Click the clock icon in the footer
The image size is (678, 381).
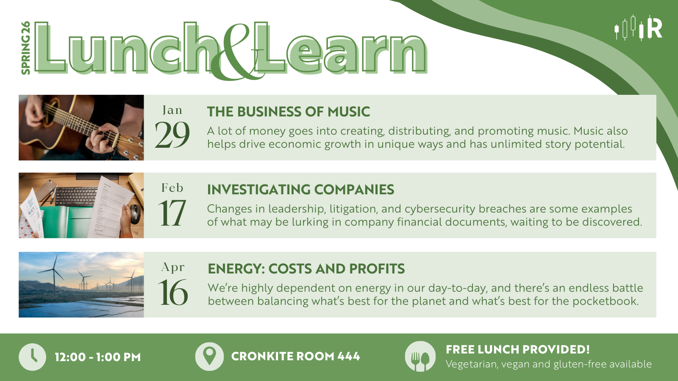click(32, 357)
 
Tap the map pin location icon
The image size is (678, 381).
click(209, 356)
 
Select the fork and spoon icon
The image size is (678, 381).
click(420, 356)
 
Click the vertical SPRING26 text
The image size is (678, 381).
click(26, 48)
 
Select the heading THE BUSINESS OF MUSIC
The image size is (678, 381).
click(289, 112)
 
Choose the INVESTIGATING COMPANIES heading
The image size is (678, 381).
click(300, 190)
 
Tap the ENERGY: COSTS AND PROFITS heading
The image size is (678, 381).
click(306, 269)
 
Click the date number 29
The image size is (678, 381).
click(172, 135)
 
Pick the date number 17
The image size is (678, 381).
click(172, 213)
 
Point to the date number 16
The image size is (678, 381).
click(173, 292)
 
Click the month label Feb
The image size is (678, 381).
click(172, 188)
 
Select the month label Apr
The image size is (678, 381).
click(173, 268)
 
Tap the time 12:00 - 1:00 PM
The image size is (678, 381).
click(98, 357)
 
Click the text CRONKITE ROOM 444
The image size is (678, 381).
click(295, 356)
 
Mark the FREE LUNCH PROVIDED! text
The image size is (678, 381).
click(518, 350)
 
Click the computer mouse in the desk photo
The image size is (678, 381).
click(135, 214)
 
